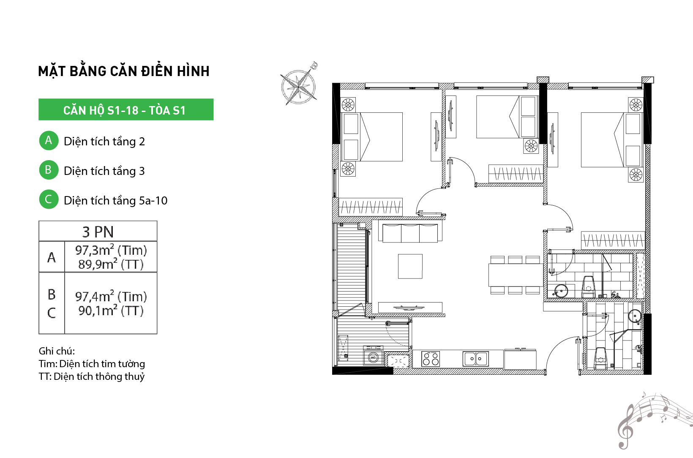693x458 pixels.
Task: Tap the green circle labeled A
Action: coord(49,140)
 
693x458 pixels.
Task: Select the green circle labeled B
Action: coord(49,170)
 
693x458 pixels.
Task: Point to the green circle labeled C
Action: coord(49,199)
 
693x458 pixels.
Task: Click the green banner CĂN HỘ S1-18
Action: coord(126,109)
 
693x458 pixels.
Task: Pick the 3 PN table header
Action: coord(98,231)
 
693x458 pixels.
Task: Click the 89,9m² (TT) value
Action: coord(111,264)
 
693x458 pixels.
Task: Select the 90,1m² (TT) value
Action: coord(111,311)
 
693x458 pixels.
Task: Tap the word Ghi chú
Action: coord(57,351)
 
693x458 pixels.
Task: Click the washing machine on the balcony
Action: coord(374,356)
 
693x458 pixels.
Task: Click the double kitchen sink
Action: coord(476,359)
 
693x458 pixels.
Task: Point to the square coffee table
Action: coord(410,266)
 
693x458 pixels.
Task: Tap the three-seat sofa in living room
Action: coord(410,233)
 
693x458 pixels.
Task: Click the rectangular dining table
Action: coord(516,275)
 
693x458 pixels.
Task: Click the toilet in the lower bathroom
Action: coord(600,358)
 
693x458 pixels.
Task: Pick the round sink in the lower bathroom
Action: coord(635,316)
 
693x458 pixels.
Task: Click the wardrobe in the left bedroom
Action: coord(371,207)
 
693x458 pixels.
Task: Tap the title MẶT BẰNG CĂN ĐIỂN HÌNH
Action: coord(124,71)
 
